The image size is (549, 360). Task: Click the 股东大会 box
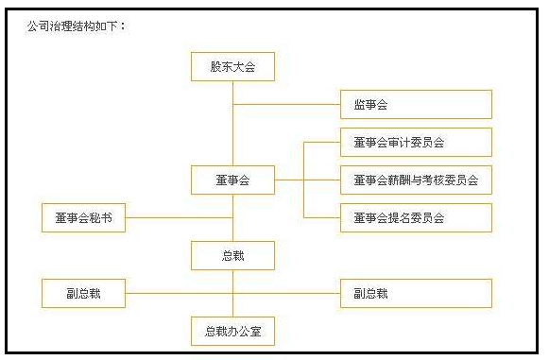pyautogui.click(x=232, y=66)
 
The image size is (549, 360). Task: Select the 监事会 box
pyautogui.click(x=416, y=104)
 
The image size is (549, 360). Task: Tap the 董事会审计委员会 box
pyautogui.click(x=416, y=142)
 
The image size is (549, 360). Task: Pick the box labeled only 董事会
pyautogui.click(x=232, y=180)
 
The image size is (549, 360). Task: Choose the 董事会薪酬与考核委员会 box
pyautogui.click(x=416, y=180)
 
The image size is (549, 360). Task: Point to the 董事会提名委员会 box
pyautogui.click(x=416, y=217)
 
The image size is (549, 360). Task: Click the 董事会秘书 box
pyautogui.click(x=83, y=217)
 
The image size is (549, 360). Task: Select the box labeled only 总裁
pyautogui.click(x=232, y=255)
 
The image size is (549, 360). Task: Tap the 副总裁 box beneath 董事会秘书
pyautogui.click(x=83, y=293)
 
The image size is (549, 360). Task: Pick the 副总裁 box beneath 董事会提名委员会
pyautogui.click(x=416, y=293)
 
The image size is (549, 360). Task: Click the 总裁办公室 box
pyautogui.click(x=232, y=331)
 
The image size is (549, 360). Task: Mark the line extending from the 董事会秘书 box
pyautogui.click(x=179, y=217)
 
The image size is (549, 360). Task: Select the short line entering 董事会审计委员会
pyautogui.click(x=321, y=142)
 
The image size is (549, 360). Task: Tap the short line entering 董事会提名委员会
pyautogui.click(x=321, y=217)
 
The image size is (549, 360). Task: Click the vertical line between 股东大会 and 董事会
pyautogui.click(x=232, y=132)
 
